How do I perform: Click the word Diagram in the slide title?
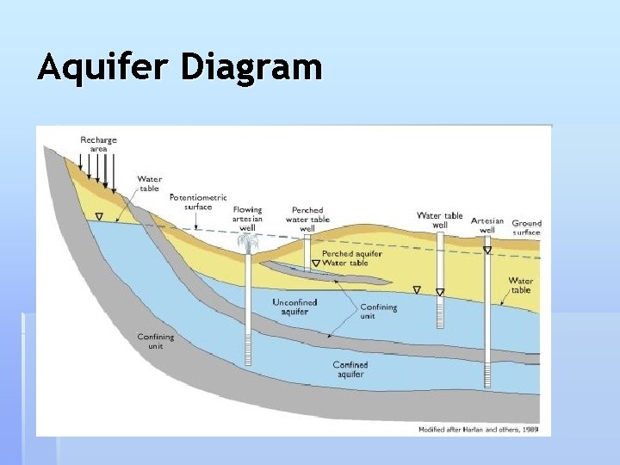tap(251, 67)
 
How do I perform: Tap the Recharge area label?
tap(98, 144)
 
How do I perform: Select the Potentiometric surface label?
tap(198, 201)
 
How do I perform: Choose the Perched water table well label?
tap(307, 219)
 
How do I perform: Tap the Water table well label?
tap(439, 220)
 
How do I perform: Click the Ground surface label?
tap(526, 227)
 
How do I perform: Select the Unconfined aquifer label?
tap(294, 307)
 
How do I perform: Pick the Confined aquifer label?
tap(350, 369)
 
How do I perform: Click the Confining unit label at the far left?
tap(156, 341)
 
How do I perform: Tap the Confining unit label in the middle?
tap(378, 312)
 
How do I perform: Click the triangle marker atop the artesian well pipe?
tap(487, 251)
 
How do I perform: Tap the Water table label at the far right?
tap(520, 285)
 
